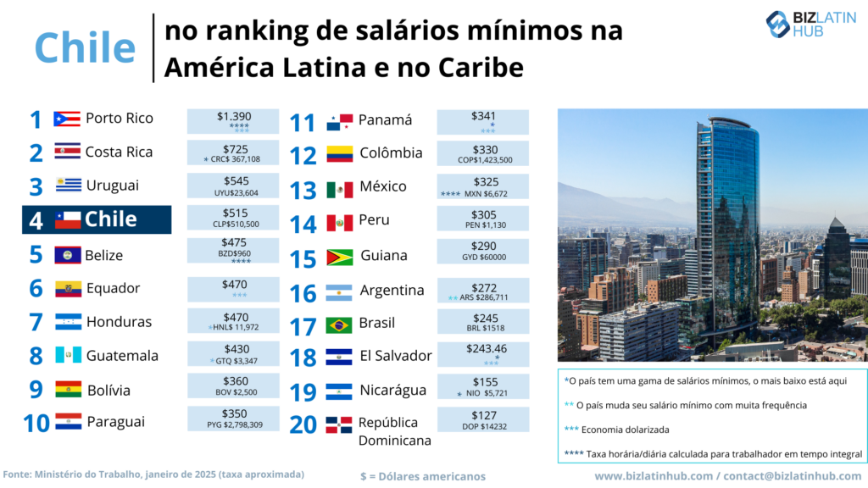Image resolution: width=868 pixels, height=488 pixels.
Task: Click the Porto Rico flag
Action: click(66, 119)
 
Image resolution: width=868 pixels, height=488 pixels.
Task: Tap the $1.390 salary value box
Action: click(233, 121)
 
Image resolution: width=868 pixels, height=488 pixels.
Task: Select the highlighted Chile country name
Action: click(111, 219)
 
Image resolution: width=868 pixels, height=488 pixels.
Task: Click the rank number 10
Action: click(36, 423)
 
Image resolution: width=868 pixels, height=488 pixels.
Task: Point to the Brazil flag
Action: click(339, 324)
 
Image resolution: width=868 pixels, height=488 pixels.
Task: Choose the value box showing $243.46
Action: click(482, 354)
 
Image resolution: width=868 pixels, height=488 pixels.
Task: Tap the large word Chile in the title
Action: click(85, 47)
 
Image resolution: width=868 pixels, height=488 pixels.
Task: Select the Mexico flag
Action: click(339, 189)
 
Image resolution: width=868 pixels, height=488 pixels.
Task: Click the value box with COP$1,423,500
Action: click(482, 153)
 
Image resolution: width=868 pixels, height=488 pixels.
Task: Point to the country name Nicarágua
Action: click(392, 391)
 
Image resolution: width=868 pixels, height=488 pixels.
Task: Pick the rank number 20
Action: click(304, 424)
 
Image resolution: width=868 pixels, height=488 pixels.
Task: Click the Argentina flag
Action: click(339, 292)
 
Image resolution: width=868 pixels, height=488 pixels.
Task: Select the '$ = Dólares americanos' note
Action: click(422, 476)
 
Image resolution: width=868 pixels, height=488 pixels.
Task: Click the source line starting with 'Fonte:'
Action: click(153, 474)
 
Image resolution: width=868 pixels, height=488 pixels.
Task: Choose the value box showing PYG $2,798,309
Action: click(233, 419)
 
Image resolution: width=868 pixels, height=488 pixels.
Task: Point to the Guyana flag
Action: click(339, 257)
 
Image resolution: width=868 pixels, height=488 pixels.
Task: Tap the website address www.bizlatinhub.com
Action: click(654, 476)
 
